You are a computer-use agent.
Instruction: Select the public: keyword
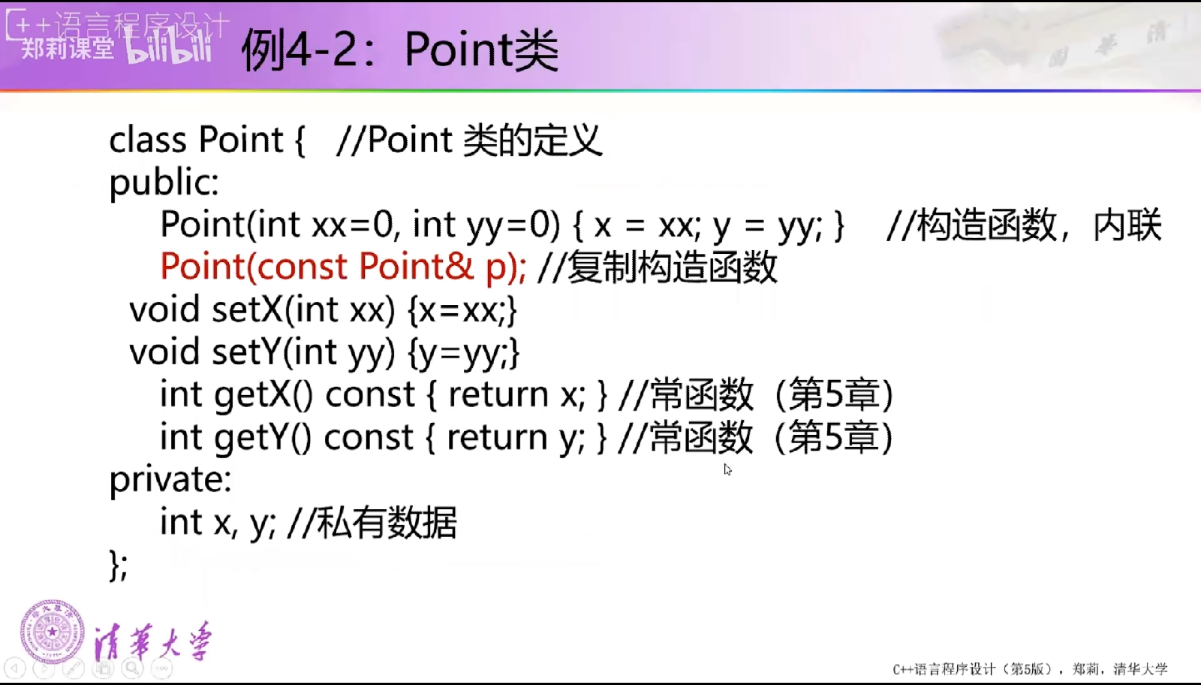click(164, 183)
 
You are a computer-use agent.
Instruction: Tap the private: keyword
click(170, 479)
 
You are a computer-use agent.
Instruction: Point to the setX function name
click(247, 309)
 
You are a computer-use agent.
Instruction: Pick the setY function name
click(247, 352)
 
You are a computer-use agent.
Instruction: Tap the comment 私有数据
click(387, 522)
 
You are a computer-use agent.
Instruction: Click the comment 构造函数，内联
click(1040, 225)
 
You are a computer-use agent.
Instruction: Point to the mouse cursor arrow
click(727, 469)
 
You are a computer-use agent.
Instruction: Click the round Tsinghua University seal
click(53, 632)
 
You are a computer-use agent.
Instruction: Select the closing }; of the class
click(119, 565)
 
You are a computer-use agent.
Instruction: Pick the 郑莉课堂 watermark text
click(68, 49)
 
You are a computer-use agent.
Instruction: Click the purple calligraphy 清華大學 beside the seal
click(153, 641)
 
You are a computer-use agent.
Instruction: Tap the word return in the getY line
click(497, 438)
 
